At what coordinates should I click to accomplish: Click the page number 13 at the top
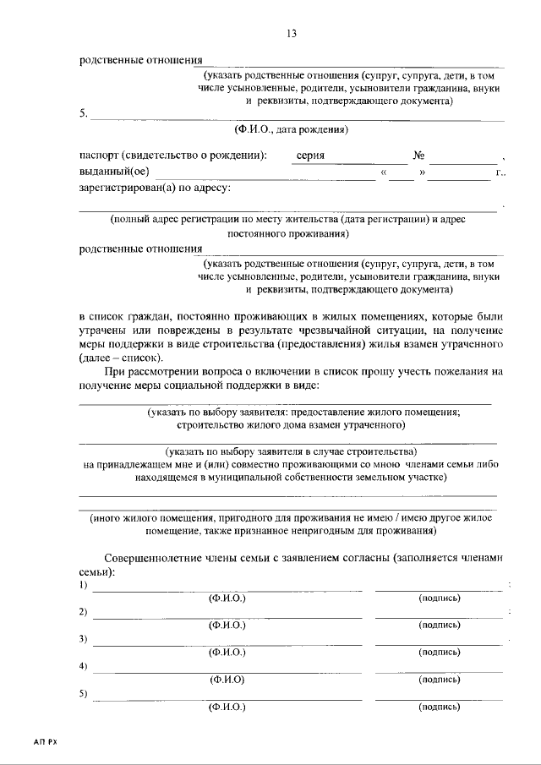tap(292, 34)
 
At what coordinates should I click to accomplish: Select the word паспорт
tap(99, 156)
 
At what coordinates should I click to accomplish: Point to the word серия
tap(309, 156)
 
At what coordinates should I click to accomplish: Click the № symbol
tap(418, 156)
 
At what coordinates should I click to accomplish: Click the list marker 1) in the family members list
tap(84, 586)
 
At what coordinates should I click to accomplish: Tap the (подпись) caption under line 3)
tap(440, 652)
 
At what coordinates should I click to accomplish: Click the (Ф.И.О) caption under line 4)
tap(227, 679)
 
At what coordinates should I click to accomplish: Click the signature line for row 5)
tap(440, 698)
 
